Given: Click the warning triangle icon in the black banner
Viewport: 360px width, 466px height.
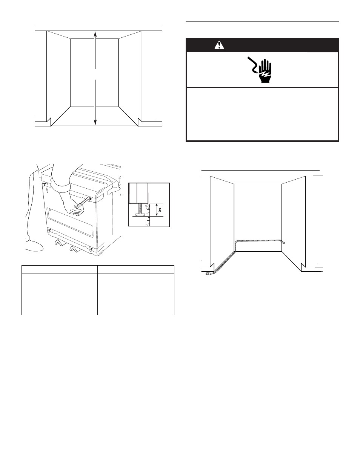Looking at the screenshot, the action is [x=219, y=45].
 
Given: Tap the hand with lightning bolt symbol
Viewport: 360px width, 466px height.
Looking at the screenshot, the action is [x=265, y=71].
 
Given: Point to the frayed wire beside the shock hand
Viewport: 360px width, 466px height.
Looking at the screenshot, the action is [x=252, y=65].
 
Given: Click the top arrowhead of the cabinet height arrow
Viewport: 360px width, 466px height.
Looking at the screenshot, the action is [x=95, y=34].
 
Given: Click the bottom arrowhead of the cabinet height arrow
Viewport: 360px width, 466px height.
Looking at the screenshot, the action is [x=95, y=122].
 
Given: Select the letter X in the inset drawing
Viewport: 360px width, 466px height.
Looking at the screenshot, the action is [x=160, y=210].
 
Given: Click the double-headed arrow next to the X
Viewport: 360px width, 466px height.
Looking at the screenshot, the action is [x=157, y=210].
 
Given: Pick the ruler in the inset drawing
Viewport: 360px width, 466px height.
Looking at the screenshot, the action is [x=147, y=215].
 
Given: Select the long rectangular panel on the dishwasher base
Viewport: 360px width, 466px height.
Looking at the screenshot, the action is [x=70, y=223].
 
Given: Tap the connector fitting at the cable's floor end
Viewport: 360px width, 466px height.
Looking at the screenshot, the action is [x=208, y=274].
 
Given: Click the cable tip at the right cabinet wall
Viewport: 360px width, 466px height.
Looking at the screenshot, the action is [x=283, y=243].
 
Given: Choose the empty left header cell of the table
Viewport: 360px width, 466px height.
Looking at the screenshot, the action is [x=60, y=269].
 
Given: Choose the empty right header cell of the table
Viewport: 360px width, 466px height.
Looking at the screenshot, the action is [x=136, y=269].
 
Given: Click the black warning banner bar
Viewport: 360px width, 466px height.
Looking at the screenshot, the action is [x=262, y=45].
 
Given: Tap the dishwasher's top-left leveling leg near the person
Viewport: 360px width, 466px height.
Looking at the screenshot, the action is [x=44, y=185].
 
